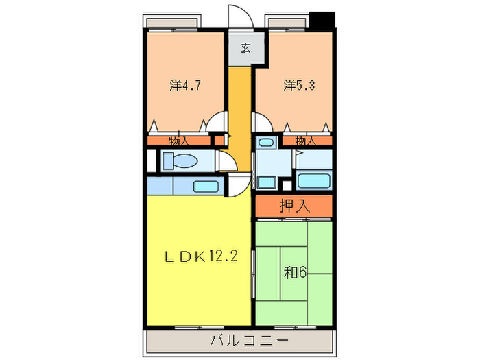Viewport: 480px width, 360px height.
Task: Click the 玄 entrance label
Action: click(x=245, y=49)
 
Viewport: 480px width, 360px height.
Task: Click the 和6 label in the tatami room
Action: click(x=296, y=272)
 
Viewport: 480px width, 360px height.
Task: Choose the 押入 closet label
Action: click(x=294, y=204)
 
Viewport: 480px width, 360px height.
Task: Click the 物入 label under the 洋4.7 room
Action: click(x=179, y=141)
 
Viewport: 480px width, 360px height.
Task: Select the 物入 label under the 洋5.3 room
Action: click(x=306, y=141)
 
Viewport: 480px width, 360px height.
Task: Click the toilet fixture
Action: click(x=180, y=161)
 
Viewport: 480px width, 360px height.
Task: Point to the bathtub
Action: click(x=315, y=182)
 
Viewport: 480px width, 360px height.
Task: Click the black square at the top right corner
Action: click(x=322, y=19)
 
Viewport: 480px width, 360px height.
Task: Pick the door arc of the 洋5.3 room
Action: click(x=262, y=121)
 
